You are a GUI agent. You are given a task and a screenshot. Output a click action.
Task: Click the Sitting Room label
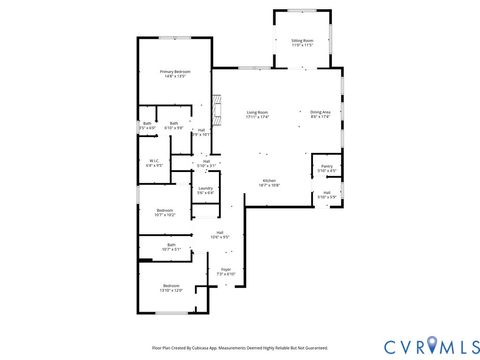pos(302,41)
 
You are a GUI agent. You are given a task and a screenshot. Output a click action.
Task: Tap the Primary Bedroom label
pos(175,72)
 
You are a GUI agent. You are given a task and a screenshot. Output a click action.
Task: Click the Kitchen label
pos(269,181)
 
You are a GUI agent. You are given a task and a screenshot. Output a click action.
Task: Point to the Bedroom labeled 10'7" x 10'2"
pos(165,210)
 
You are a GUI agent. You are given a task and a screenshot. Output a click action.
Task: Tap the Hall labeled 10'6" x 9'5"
pos(219,233)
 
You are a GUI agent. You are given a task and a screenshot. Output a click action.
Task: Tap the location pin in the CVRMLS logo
pos(432,345)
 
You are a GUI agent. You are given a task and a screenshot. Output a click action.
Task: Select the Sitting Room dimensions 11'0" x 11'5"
pos(302,46)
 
